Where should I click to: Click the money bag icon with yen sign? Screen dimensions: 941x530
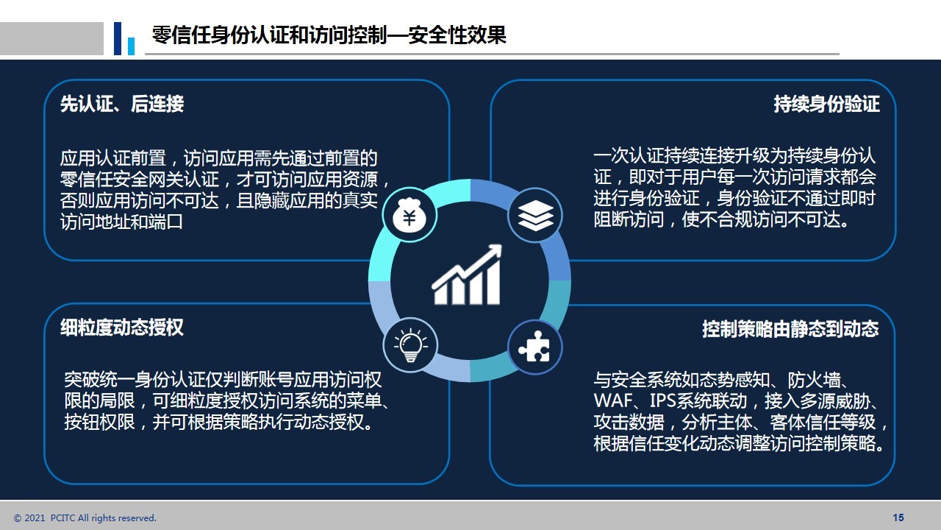pyautogui.click(x=409, y=215)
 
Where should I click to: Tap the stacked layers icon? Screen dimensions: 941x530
pyautogui.click(x=535, y=215)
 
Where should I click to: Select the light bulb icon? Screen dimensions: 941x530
pyautogui.click(x=410, y=345)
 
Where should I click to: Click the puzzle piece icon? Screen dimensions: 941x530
pyautogui.click(x=534, y=347)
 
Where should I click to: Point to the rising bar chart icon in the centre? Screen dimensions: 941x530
pyautogui.click(x=467, y=275)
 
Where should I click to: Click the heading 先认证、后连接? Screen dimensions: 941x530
pyautogui.click(x=122, y=104)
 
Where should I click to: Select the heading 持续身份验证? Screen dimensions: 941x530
pyautogui.click(x=827, y=104)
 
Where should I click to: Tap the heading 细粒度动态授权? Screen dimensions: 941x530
pyautogui.click(x=122, y=328)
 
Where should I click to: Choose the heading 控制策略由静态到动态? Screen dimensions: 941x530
pyautogui.click(x=790, y=329)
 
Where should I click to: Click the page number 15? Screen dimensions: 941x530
pyautogui.click(x=898, y=517)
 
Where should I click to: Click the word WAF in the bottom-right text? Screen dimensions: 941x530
pyautogui.click(x=613, y=401)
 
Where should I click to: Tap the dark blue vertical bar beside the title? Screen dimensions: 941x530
pyautogui.click(x=118, y=38)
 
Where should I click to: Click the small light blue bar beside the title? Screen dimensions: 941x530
pyautogui.click(x=131, y=46)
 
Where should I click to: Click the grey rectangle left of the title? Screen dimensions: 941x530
pyautogui.click(x=51, y=38)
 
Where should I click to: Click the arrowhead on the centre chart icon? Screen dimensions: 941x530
pyautogui.click(x=494, y=251)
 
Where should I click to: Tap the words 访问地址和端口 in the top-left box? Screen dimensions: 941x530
pyautogui.click(x=121, y=222)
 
